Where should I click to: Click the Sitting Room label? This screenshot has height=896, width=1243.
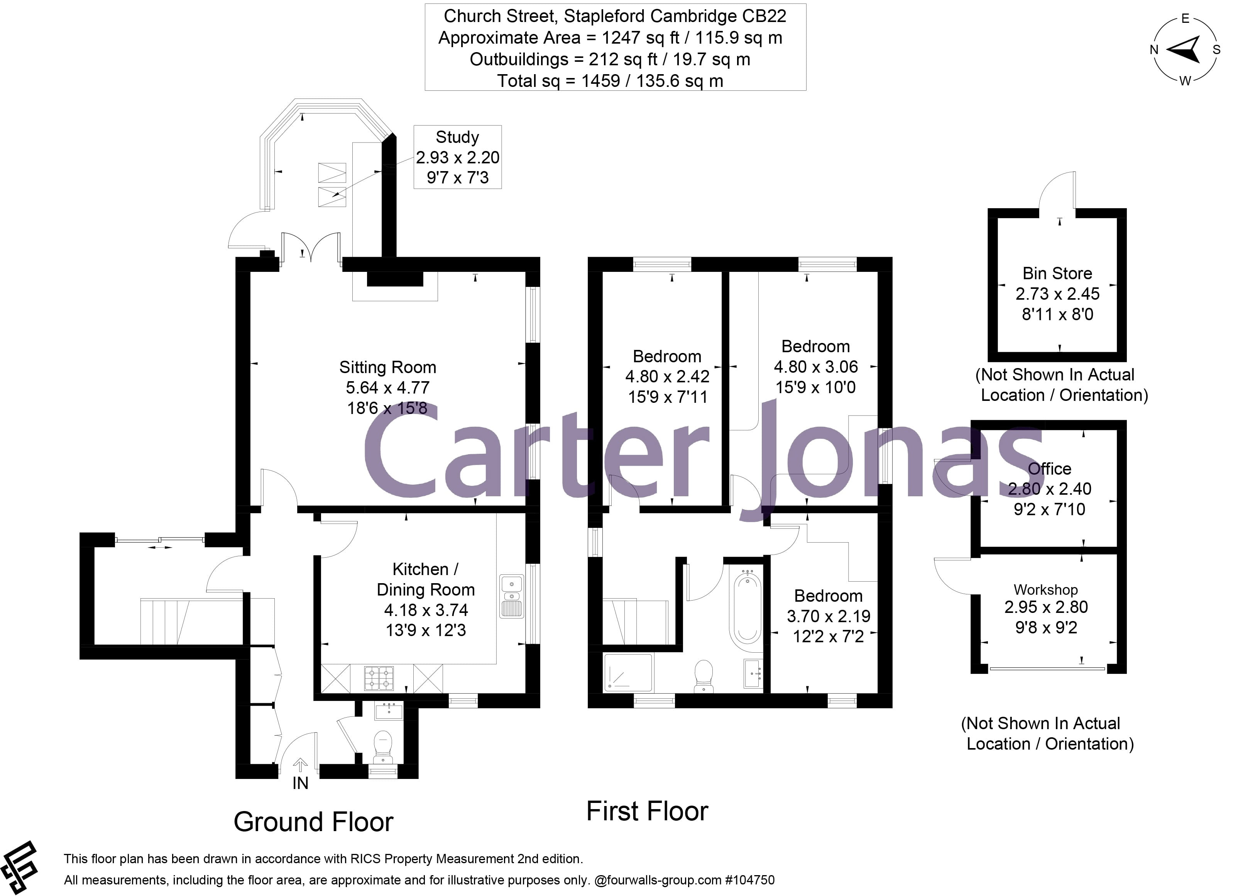pyautogui.click(x=387, y=367)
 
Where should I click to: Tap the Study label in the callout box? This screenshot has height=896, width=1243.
pyautogui.click(x=457, y=137)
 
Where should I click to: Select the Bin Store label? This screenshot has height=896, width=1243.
pyautogui.click(x=1057, y=273)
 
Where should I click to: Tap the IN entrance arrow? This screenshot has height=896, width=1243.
pyautogui.click(x=300, y=765)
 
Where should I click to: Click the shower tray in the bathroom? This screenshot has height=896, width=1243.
pyautogui.click(x=628, y=672)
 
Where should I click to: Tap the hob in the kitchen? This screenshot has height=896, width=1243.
pyautogui.click(x=379, y=678)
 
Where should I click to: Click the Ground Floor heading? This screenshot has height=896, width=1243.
pyautogui.click(x=313, y=822)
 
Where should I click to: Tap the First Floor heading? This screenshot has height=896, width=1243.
pyautogui.click(x=647, y=811)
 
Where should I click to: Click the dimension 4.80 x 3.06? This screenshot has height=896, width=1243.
pyautogui.click(x=815, y=367)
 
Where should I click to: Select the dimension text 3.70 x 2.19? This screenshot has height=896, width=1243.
pyautogui.click(x=829, y=616)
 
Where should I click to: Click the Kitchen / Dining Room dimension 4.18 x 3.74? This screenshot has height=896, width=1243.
pyautogui.click(x=426, y=610)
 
